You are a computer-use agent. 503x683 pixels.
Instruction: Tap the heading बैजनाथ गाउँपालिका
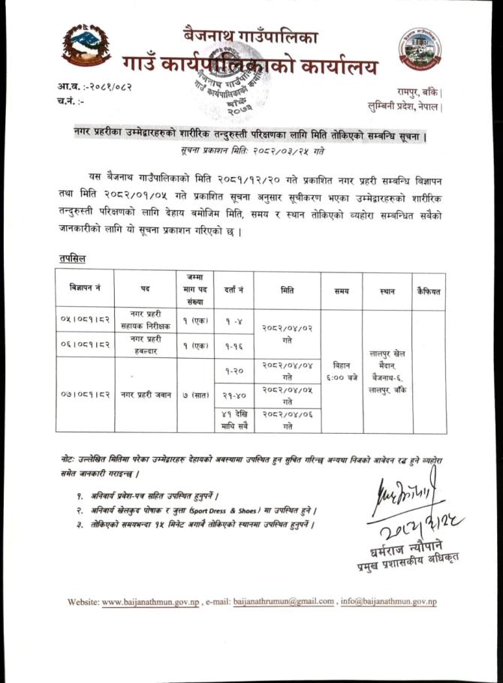coord(251,34)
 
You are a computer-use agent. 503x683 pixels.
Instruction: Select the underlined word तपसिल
coord(73,259)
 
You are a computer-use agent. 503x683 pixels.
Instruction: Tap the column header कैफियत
coord(428,290)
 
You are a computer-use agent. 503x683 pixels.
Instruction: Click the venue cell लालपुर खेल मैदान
coord(388,370)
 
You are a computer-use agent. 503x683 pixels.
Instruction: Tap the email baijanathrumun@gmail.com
coord(284,602)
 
